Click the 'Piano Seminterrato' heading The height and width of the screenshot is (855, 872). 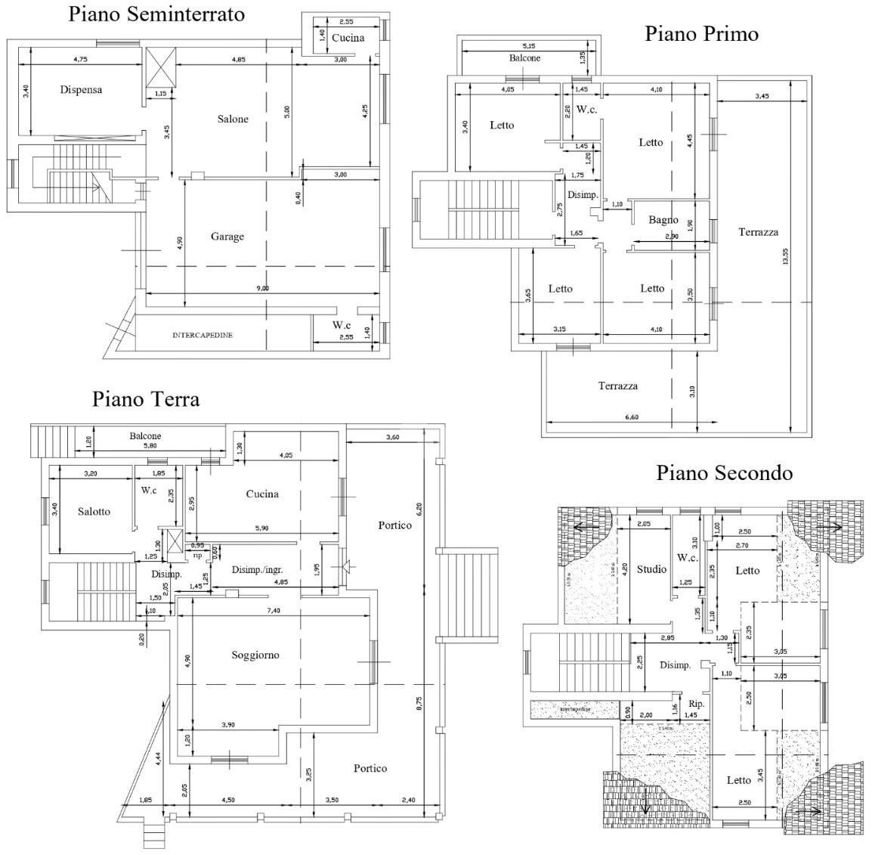pos(156,14)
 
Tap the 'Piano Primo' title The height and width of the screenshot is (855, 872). pos(701,33)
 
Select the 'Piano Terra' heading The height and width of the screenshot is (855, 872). pos(146,398)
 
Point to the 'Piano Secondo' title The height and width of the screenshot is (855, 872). pos(724,472)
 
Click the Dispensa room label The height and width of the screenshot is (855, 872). pos(81,90)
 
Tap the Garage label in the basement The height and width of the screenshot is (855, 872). pos(227,237)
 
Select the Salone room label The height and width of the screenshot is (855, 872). pos(233,119)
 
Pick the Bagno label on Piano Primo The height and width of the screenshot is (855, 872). pos(663,220)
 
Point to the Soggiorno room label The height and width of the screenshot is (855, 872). pos(255,655)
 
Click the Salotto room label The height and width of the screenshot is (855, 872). pos(94,511)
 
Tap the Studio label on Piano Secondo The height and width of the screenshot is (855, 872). pos(651,568)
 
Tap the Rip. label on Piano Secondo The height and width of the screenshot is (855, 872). pos(697,704)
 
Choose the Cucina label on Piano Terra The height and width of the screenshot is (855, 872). pos(262,494)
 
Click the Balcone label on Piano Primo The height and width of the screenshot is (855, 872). pos(524,57)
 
